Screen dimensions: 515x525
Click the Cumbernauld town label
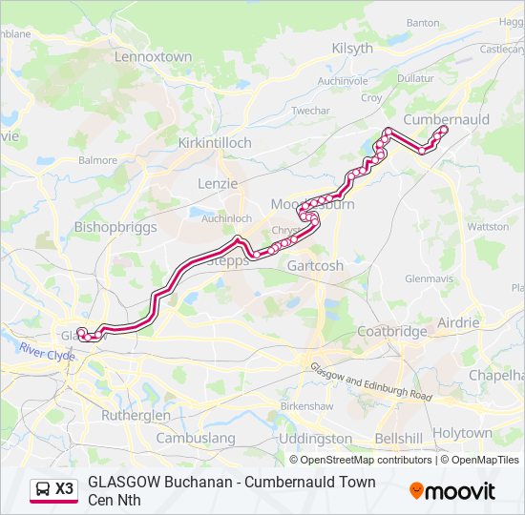point(446,119)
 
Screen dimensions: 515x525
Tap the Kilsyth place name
point(352,49)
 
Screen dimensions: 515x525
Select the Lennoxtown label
point(153,57)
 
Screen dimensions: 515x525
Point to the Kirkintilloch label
point(215,142)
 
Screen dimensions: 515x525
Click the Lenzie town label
point(217,182)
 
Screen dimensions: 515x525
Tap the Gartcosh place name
point(315,266)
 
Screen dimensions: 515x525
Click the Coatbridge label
point(391,331)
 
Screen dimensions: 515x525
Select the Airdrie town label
point(458,322)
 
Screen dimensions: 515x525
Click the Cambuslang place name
point(195,438)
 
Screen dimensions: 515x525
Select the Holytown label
point(462,432)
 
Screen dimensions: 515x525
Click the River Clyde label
point(46,354)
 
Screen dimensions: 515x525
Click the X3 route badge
point(53,489)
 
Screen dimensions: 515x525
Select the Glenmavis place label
point(427,279)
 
